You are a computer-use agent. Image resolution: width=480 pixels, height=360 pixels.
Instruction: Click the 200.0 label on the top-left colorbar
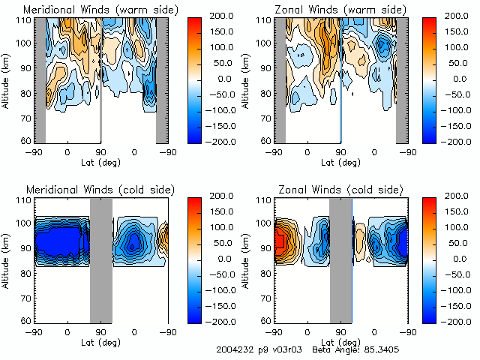tap(219, 16)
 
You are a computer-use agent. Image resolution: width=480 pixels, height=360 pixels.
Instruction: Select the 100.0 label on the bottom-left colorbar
tap(219, 227)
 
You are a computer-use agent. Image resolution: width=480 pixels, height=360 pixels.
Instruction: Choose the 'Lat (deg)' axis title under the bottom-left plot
tap(100, 339)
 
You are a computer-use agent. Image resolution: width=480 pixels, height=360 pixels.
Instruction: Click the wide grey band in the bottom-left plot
tap(100, 259)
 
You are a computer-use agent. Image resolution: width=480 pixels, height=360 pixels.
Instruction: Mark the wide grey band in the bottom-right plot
tap(340, 259)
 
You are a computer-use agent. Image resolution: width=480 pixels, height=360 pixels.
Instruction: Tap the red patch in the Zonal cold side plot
tap(280, 240)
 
